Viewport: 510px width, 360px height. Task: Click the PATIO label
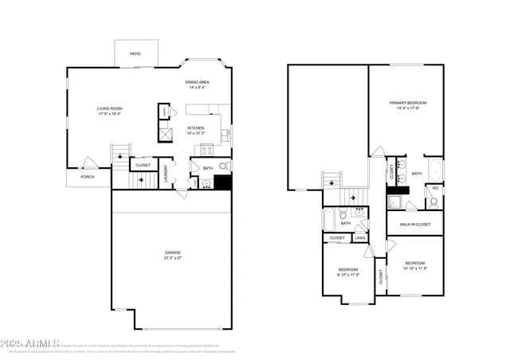point(135,54)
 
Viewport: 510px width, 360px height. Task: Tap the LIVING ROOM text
point(110,108)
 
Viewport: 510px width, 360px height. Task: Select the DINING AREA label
point(198,82)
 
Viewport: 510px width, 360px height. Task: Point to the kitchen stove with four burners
point(206,149)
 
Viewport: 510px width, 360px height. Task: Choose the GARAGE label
point(173,252)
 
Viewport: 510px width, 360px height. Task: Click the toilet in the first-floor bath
point(224,166)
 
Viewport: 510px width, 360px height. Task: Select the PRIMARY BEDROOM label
point(407,103)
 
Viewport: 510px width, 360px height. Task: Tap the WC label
point(435,189)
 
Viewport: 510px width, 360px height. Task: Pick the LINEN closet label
point(360,237)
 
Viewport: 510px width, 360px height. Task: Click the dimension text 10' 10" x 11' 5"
point(414,268)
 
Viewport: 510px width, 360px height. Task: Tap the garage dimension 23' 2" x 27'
point(173,258)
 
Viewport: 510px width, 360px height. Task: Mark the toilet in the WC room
point(433,202)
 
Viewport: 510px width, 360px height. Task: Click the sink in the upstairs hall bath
point(359,213)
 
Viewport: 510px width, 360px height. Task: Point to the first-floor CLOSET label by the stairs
point(143,165)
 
